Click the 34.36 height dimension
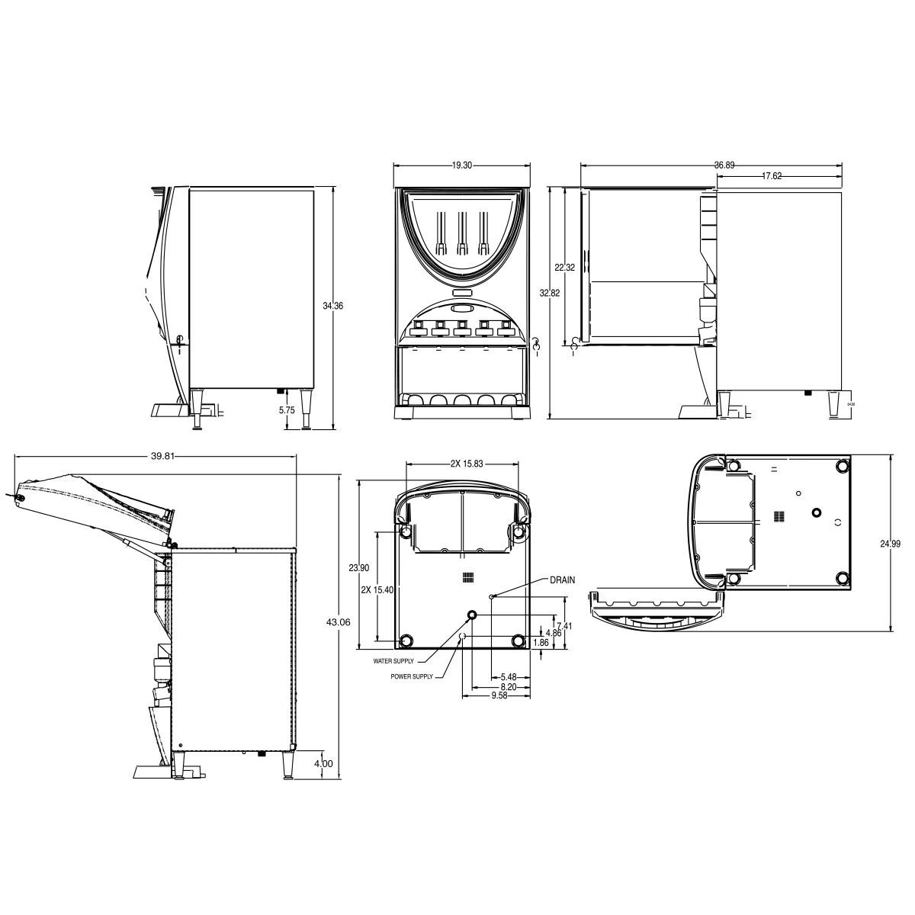[x=332, y=306]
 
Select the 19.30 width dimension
[x=460, y=165]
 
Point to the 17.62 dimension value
[x=772, y=176]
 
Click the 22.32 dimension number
[x=564, y=268]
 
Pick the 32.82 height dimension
[x=550, y=293]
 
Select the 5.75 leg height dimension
[x=287, y=409]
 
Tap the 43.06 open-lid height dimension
[x=338, y=622]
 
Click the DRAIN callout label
[x=562, y=580]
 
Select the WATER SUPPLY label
[x=393, y=661]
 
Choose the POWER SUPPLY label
[x=412, y=676]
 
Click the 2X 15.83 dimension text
[x=467, y=464]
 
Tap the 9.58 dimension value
[x=499, y=695]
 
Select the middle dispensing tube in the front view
[x=461, y=232]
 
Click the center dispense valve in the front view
[x=461, y=329]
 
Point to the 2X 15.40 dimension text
[x=376, y=589]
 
